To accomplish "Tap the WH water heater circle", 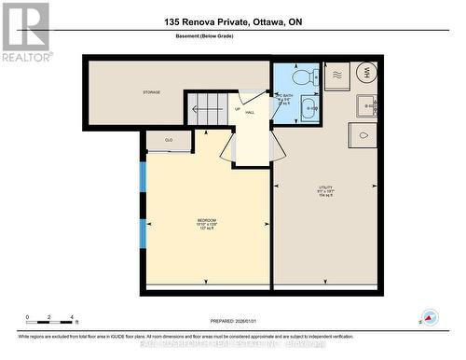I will click(366, 73).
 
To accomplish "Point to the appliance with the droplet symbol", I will click(363, 136).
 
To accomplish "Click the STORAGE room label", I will click(152, 92).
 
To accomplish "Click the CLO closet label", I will click(169, 140).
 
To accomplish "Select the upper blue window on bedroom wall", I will click(143, 176).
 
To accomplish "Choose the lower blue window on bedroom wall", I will click(143, 233).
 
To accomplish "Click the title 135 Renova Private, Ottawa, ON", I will click(232, 21).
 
